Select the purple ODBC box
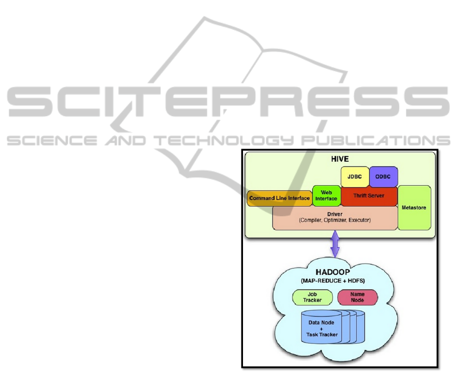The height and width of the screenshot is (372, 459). [383, 176]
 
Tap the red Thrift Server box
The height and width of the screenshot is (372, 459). [368, 195]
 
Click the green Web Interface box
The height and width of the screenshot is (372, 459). [326, 195]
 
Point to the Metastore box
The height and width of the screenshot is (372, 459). [414, 208]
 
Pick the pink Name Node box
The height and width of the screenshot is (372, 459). [358, 297]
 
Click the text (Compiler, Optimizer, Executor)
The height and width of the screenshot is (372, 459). [335, 220]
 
